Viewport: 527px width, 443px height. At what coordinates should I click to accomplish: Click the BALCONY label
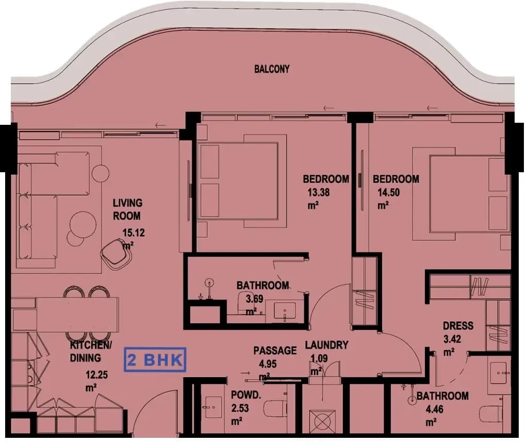[272, 69]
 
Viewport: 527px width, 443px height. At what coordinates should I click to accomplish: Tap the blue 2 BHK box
[155, 360]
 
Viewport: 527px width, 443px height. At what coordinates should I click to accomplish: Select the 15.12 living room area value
[134, 233]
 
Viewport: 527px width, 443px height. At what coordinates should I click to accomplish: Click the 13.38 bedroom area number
[319, 192]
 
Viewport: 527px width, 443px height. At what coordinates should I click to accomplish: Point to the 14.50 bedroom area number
[388, 192]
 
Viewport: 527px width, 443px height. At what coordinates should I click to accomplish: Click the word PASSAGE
[275, 351]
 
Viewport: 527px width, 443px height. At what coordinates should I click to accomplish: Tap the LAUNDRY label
[326, 345]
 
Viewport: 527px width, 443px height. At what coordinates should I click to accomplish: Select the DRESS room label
[458, 326]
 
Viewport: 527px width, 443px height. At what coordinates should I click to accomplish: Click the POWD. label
[246, 395]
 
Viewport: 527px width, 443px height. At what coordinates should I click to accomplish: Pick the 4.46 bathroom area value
[435, 409]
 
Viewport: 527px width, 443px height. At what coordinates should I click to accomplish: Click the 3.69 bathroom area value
[254, 299]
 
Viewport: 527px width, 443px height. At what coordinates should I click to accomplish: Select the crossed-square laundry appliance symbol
[322, 421]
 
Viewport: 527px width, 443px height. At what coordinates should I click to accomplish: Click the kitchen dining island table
[77, 315]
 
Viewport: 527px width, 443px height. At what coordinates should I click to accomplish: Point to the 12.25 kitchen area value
[96, 374]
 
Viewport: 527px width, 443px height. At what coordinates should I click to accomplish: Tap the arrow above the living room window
[160, 125]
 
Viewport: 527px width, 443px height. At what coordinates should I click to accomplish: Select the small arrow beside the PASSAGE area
[245, 373]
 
